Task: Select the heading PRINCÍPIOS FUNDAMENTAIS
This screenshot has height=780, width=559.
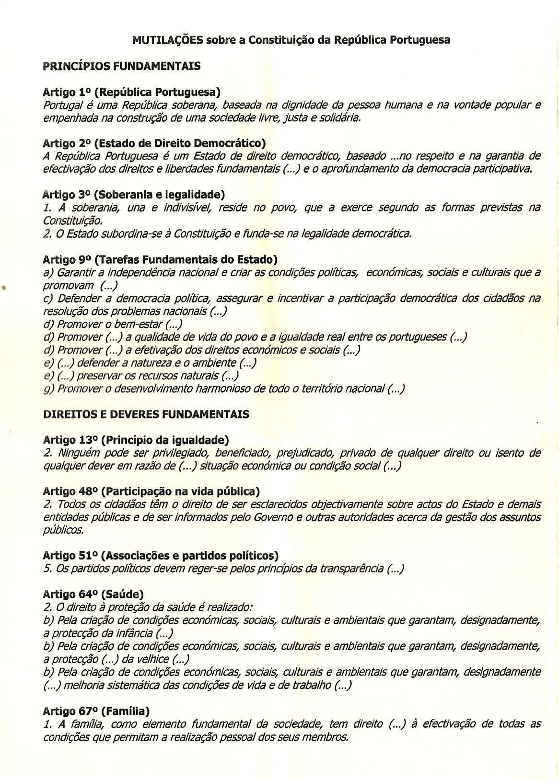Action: click(x=121, y=66)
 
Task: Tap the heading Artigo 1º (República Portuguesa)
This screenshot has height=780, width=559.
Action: click(x=131, y=92)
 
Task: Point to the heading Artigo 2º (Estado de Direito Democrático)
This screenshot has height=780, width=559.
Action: click(x=154, y=143)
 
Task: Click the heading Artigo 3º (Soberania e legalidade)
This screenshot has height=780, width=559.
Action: click(x=134, y=195)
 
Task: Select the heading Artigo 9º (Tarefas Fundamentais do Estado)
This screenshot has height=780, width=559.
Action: click(x=160, y=260)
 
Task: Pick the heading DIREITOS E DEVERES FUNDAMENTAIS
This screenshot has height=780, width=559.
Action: click(x=146, y=414)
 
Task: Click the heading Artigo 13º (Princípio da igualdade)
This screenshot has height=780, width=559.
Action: click(x=136, y=440)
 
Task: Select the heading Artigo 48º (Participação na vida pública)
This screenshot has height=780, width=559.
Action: click(x=151, y=491)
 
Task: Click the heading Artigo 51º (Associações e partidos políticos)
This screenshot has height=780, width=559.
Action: click(x=161, y=556)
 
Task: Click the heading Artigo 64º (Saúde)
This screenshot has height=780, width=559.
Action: click(x=93, y=594)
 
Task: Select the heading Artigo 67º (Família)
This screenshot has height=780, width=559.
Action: click(x=96, y=711)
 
